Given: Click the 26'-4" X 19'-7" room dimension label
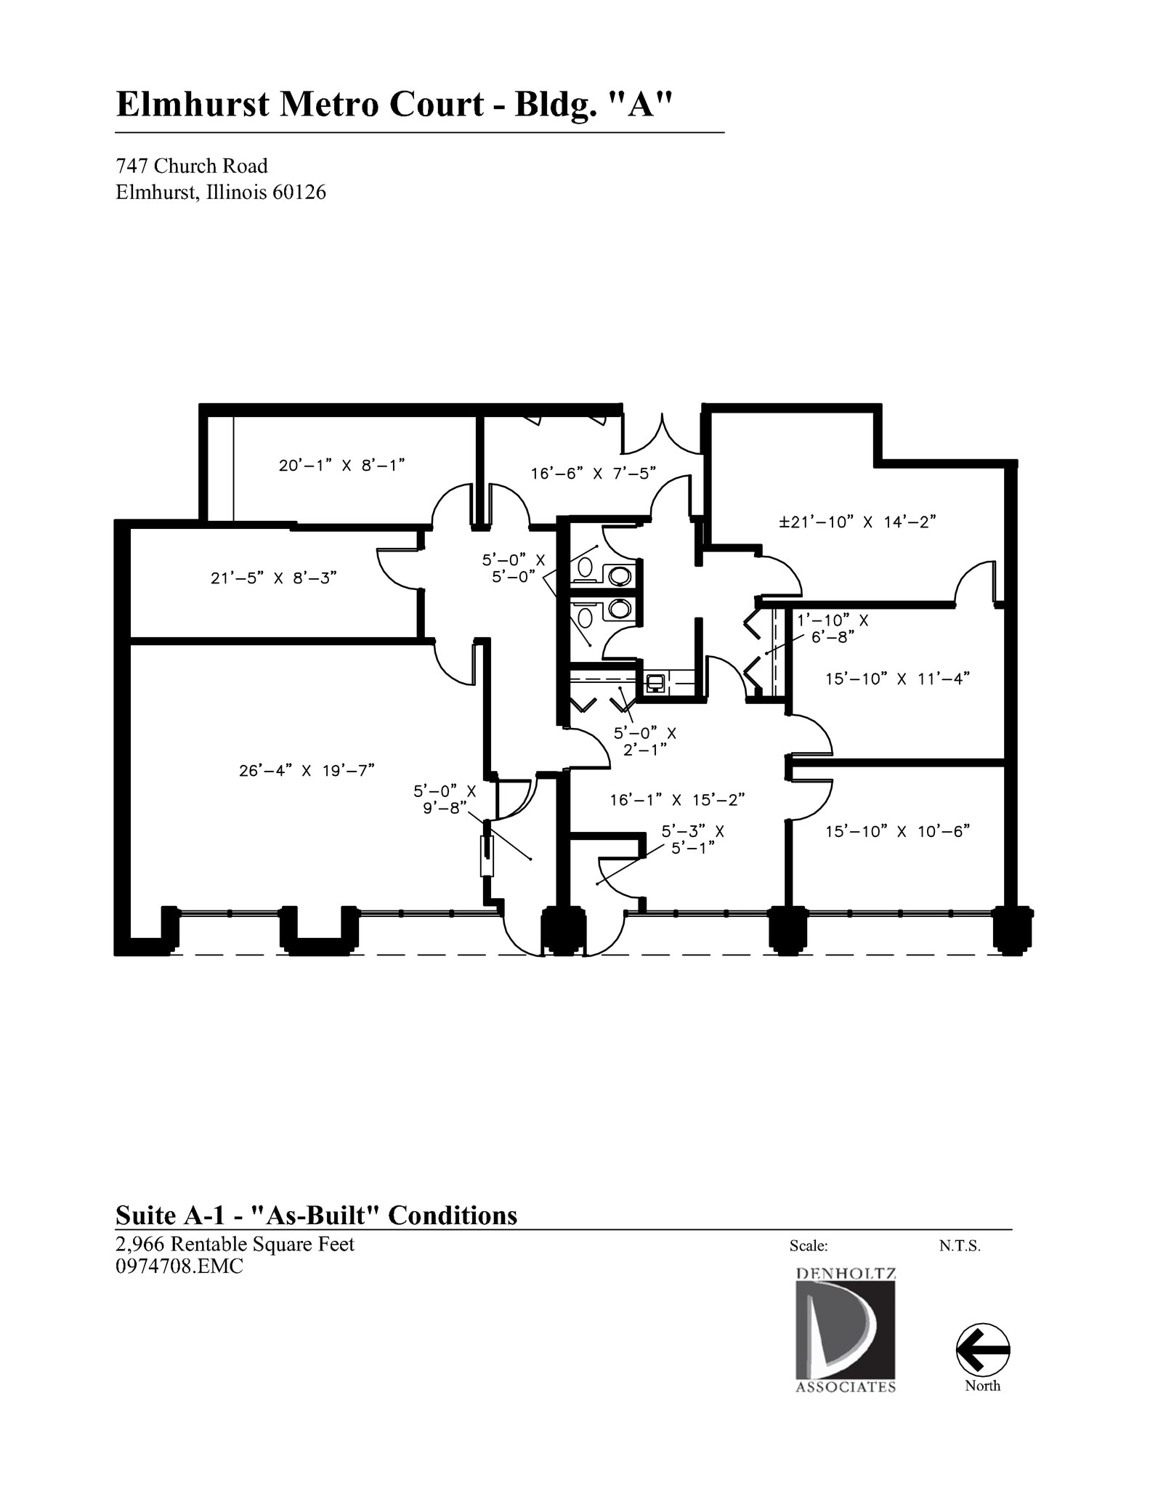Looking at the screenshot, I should click(307, 770).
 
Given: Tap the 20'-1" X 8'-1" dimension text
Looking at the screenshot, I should click(341, 465).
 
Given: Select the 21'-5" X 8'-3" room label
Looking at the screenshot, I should click(274, 578).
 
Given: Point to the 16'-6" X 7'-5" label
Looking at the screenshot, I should click(594, 474).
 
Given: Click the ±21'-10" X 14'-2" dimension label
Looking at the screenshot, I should click(857, 522).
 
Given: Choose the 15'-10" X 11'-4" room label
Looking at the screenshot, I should click(898, 679).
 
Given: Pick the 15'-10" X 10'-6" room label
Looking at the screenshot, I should click(898, 831).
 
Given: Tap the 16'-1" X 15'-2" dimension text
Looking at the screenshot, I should click(677, 800).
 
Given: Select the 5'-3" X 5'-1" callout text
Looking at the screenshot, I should click(692, 839).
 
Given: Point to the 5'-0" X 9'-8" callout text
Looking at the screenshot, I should click(445, 798).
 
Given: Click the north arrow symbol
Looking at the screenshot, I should click(983, 1349).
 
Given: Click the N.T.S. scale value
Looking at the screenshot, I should click(960, 1246).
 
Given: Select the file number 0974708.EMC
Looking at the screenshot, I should click(179, 1266).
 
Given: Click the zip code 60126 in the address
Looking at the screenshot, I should click(299, 193).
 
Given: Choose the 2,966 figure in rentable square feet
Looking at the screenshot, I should click(139, 1244).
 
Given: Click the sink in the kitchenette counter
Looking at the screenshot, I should click(656, 683).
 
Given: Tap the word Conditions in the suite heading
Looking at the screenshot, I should click(452, 1215).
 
